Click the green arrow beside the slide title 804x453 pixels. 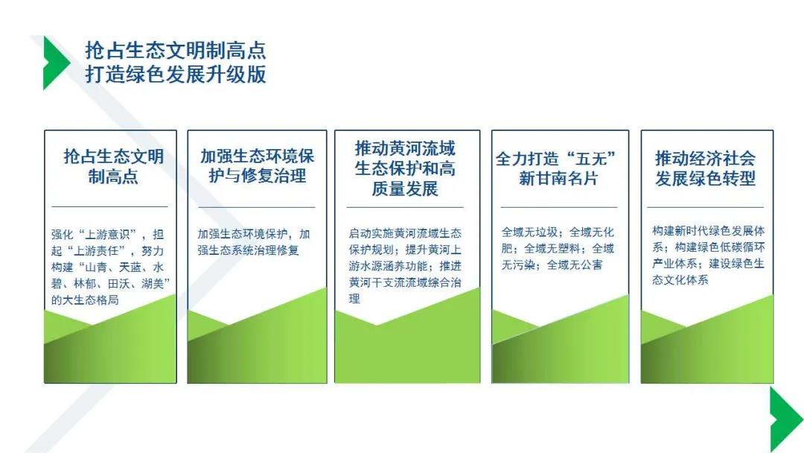[55, 63]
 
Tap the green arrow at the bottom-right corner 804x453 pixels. [785, 419]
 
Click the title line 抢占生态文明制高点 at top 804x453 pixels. [176, 50]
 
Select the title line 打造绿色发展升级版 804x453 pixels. [176, 74]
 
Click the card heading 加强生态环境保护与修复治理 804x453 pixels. [257, 165]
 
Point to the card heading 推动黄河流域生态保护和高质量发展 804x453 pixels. [405, 168]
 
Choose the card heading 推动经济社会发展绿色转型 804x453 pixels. [705, 168]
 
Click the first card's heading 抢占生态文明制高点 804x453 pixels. [113, 166]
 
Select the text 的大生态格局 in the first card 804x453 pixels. [85, 300]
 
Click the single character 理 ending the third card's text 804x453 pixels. [354, 299]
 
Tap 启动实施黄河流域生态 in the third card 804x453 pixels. [405, 233]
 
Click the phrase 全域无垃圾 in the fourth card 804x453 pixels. [529, 232]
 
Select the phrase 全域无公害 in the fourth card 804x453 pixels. [574, 265]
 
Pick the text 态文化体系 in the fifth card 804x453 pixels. [680, 280]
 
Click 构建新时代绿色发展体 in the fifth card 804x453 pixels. [708, 231]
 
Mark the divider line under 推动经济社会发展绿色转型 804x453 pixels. [705, 207]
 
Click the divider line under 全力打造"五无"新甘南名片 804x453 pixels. [559, 207]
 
